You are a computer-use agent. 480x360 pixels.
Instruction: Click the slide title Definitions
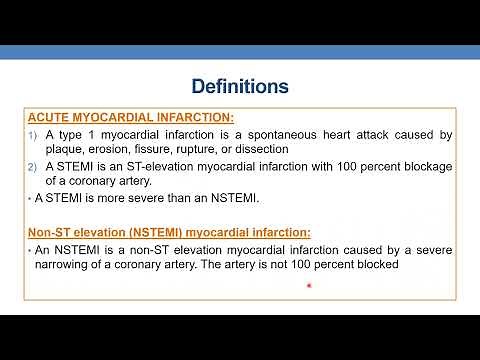tap(240, 87)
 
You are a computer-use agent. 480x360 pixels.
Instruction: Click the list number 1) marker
tap(32, 135)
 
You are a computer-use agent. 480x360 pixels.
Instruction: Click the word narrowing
tap(76, 264)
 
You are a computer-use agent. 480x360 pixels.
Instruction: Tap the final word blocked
tap(380, 264)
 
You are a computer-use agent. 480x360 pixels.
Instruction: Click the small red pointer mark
tap(310, 287)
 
